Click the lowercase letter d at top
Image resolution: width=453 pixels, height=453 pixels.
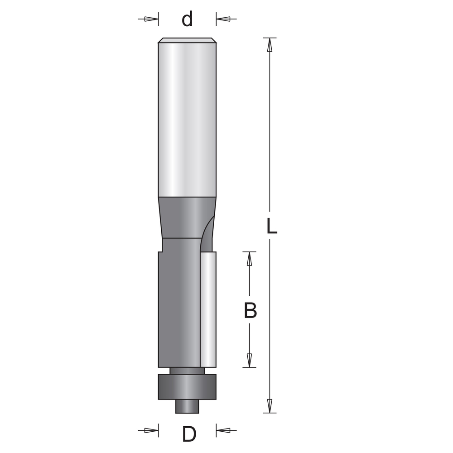pyautogui.click(x=187, y=19)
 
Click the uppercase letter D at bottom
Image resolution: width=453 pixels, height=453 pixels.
pyautogui.click(x=189, y=435)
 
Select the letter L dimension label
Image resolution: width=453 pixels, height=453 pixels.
pyautogui.click(x=271, y=226)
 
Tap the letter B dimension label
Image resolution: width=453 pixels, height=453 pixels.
pyautogui.click(x=250, y=311)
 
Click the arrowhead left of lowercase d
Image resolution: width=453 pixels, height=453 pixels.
pyautogui.click(x=150, y=19)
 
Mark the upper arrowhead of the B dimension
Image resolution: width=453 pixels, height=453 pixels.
pyautogui.click(x=249, y=259)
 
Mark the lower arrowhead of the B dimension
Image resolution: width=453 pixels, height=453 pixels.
pyautogui.click(x=249, y=360)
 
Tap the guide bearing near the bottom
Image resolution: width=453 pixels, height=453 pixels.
pyautogui.click(x=187, y=387)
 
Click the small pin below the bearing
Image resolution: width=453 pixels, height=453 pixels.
pyautogui.click(x=187, y=406)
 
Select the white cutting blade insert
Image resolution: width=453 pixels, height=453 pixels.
pyautogui.click(x=208, y=310)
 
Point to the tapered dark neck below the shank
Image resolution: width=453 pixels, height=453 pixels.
pyautogui.click(x=181, y=217)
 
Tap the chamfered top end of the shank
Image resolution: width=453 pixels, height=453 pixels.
pyautogui.click(x=187, y=40)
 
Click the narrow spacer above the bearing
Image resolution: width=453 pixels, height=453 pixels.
pyautogui.click(x=187, y=371)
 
